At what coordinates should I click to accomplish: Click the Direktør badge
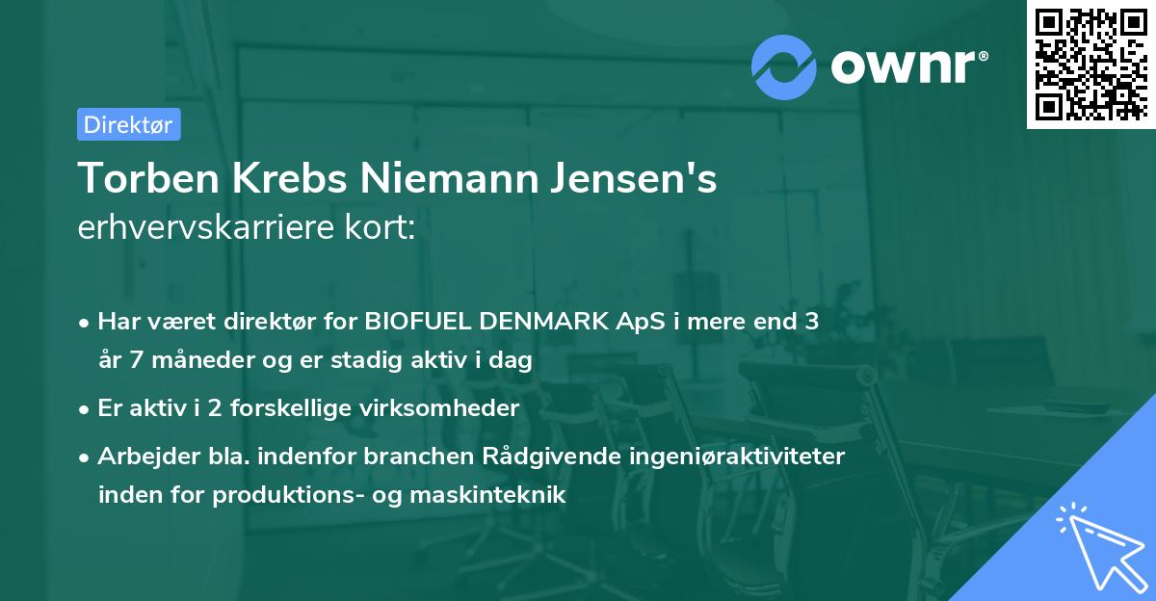coord(128,124)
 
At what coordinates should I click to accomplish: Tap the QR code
coord(1090,65)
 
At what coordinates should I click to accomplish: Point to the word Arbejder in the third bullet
coord(140,457)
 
